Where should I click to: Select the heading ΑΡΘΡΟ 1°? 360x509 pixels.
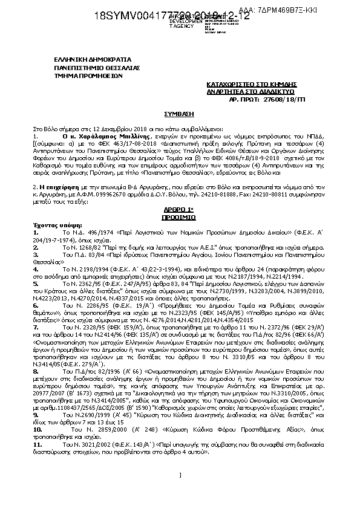pyautogui.click(x=180, y=209)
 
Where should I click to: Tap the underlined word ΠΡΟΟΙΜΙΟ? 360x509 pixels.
pyautogui.click(x=180, y=215)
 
